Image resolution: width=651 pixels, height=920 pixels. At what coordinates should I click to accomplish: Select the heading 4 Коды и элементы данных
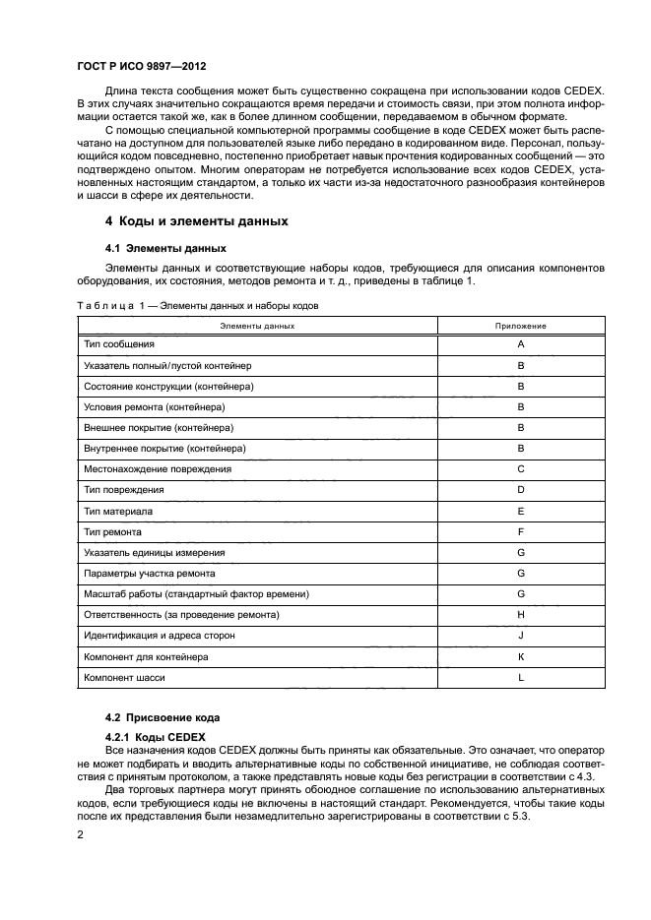tap(197, 221)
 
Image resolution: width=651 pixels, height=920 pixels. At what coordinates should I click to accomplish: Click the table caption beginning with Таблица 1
tap(198, 306)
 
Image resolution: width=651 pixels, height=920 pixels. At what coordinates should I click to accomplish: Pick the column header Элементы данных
tap(257, 325)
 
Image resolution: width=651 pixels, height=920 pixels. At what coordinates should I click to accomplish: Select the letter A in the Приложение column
tap(520, 344)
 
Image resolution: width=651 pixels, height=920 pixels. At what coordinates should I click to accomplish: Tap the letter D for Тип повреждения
tap(520, 489)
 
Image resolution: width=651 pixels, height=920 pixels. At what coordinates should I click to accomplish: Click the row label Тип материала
tap(118, 510)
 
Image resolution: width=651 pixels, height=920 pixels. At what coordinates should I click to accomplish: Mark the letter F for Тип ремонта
tap(520, 531)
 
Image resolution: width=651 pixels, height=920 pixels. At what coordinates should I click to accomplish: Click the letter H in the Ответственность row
tap(520, 615)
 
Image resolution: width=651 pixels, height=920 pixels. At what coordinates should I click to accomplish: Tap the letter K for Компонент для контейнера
tap(520, 656)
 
